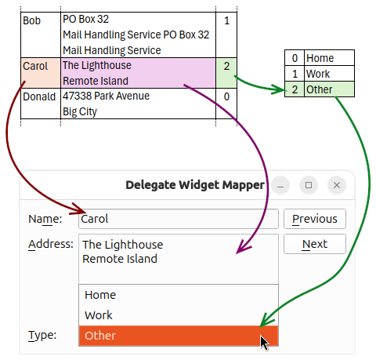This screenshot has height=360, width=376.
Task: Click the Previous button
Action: click(x=314, y=219)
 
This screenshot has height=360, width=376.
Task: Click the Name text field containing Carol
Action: click(x=179, y=219)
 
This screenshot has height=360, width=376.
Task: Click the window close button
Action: click(x=336, y=185)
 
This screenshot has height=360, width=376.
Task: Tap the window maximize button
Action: click(x=309, y=185)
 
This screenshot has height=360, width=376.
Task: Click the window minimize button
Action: click(x=281, y=185)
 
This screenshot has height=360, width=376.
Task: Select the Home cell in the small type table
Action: click(x=329, y=58)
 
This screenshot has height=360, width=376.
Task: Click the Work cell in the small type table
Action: click(x=329, y=74)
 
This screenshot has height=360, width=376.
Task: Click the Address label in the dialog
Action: click(x=51, y=243)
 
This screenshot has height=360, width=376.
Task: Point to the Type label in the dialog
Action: click(x=42, y=336)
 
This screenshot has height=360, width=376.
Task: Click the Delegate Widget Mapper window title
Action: click(x=195, y=185)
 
